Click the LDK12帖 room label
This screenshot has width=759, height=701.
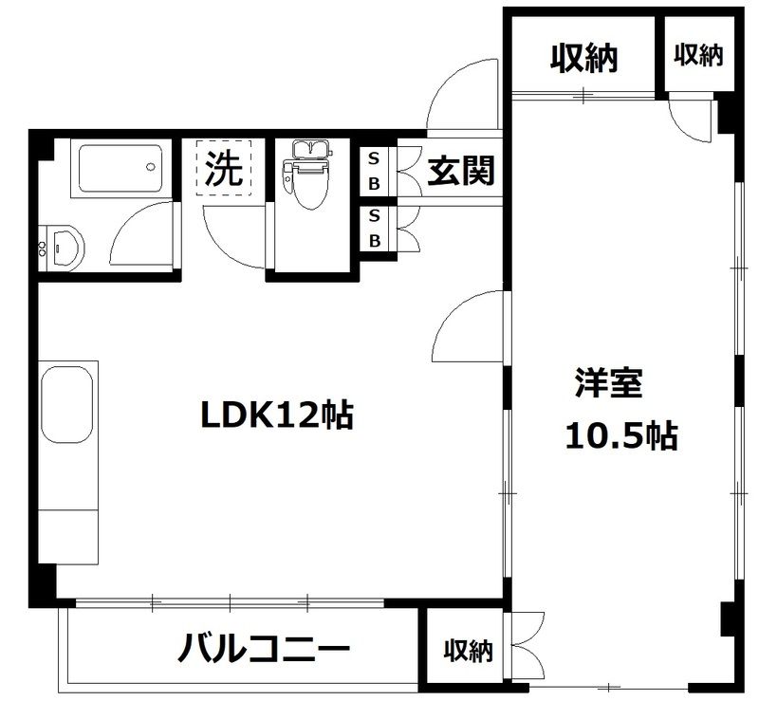coord(276,415)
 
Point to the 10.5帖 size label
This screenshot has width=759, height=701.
coord(620,436)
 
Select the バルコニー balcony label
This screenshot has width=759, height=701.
coord(265,651)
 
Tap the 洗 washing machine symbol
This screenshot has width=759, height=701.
coord(225,169)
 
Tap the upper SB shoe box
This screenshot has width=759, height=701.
coord(374,170)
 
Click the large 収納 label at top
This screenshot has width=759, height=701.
coord(583,59)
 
